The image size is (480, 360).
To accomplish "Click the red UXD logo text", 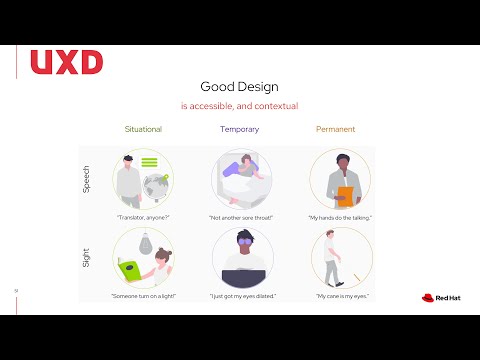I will pos(67,62).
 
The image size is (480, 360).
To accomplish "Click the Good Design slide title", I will pos(239,86).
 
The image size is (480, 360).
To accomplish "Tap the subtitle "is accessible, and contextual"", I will pos(239,106).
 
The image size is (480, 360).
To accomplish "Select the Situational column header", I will pos(143,129).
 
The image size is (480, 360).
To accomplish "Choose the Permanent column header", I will pos(335,129).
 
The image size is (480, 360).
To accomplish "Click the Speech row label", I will pos(86,180).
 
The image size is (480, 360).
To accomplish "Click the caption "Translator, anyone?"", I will pos(143,217).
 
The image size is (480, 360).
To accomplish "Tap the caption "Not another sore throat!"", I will pos(241,217).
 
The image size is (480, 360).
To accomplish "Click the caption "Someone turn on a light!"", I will pos(144,296).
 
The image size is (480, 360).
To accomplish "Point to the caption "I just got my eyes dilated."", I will pos(242,296).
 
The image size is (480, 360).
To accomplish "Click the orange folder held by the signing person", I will pos(345,195).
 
